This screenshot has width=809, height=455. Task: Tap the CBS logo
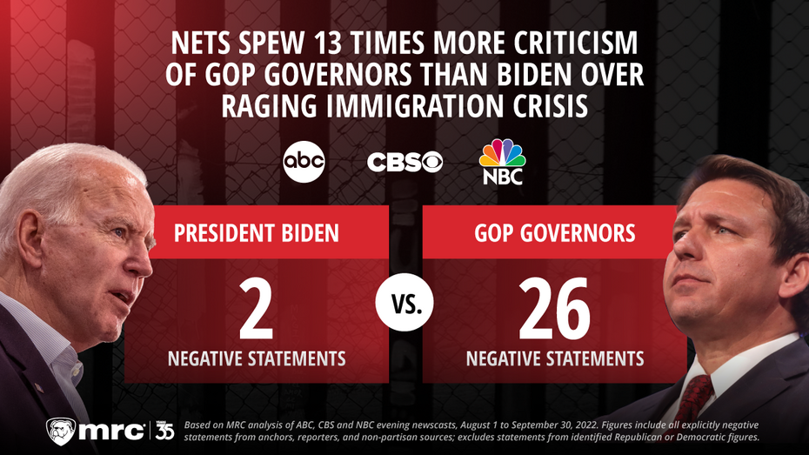click(404, 163)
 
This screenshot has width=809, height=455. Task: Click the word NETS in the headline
click(201, 43)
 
